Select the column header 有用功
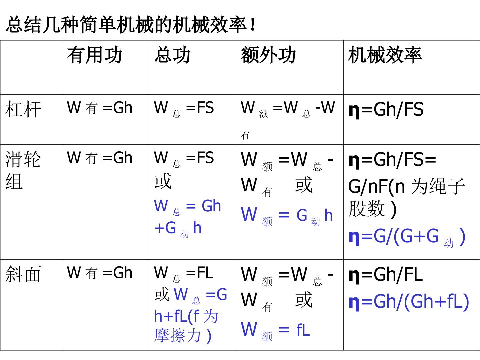coord(94,55)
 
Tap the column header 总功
coord(172,55)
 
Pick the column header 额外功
coord(268,55)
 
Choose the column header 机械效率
coord(385,55)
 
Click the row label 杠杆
coord(23,109)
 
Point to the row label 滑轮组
coord(23,170)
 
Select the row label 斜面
coord(23,274)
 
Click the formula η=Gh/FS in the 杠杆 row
coord(386,110)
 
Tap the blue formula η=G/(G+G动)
coord(407,237)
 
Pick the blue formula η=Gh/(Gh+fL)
coord(409,302)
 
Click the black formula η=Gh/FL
coord(386,275)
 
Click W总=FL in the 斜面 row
coord(183,273)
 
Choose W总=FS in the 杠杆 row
coord(184,108)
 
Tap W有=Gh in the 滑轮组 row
coord(99,158)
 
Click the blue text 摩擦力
coord(177,335)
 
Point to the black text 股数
coord(367,208)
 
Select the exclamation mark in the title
coord(253,24)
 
